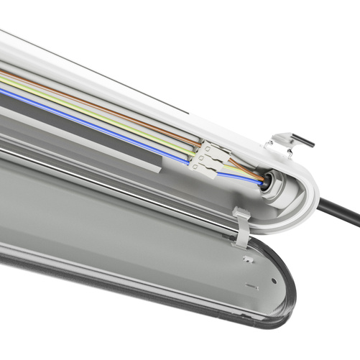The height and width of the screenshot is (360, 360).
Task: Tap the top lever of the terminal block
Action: coord(209,146)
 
